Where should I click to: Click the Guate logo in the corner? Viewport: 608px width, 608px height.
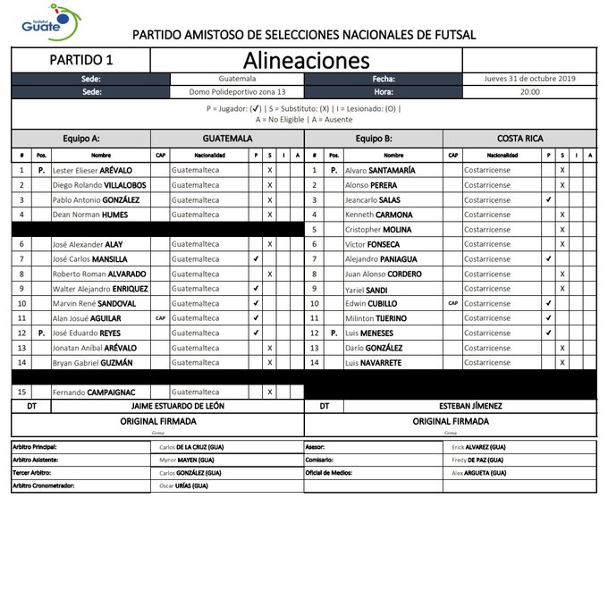49,22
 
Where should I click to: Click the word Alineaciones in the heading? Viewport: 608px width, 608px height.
306,60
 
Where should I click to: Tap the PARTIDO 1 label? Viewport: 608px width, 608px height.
80,61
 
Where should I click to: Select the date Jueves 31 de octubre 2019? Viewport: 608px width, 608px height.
531,79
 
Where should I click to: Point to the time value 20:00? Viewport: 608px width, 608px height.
529,91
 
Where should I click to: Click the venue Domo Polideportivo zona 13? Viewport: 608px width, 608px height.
237,91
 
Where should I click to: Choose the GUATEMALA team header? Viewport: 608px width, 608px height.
227,139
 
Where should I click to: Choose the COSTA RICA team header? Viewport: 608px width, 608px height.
520,139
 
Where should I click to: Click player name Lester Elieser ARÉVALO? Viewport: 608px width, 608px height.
92,170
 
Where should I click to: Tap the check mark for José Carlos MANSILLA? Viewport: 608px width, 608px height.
257,258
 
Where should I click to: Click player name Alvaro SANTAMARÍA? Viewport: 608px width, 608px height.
379,170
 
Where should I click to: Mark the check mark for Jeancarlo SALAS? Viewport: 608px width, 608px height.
548,199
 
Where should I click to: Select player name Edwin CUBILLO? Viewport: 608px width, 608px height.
372,303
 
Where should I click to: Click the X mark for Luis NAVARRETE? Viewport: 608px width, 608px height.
562,362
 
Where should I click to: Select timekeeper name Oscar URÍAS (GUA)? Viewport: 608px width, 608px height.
183,486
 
